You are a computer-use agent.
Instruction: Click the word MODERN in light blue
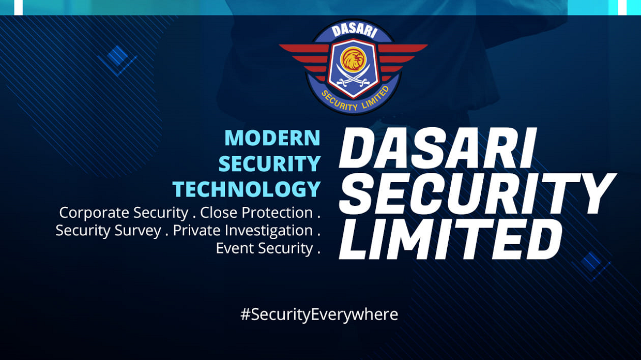pos(272,138)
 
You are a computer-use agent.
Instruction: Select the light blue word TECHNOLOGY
pos(247,189)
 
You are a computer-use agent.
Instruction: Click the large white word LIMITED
pos(451,239)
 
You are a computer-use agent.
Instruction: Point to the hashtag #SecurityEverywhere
pos(319,315)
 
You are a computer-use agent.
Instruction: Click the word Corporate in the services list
pos(94,213)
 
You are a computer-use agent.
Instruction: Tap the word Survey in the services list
pos(138,231)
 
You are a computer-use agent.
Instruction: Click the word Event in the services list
pos(235,248)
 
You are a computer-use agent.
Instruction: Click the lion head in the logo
pos(354,59)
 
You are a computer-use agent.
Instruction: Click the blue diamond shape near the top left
pos(117,55)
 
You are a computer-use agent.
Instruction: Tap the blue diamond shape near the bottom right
pos(591,262)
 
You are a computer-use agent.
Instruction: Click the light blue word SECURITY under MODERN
pos(269,163)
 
